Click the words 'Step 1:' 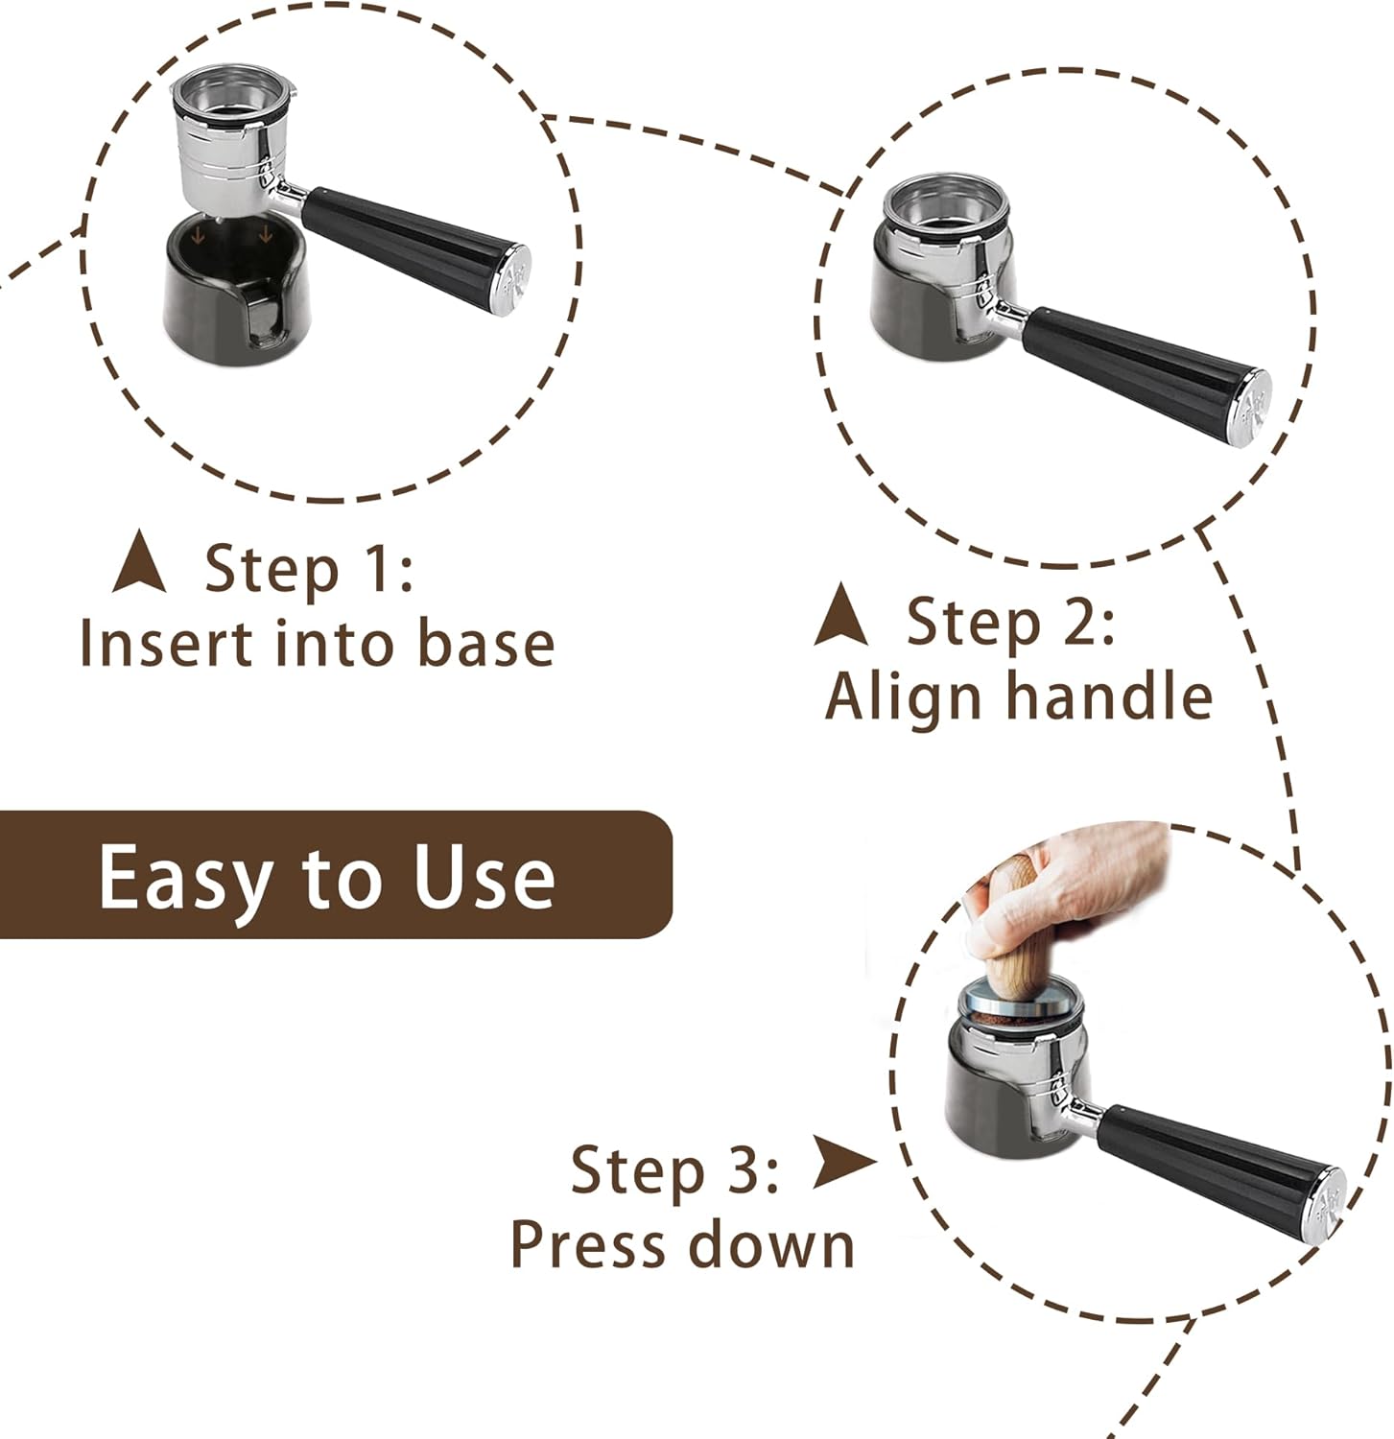[x=309, y=570]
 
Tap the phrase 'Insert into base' [x=317, y=644]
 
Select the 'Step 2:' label [x=1010, y=624]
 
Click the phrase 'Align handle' [x=1019, y=696]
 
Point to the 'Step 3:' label [x=674, y=1171]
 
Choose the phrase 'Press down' [x=681, y=1245]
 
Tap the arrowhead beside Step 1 [x=139, y=566]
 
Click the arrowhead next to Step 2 [x=841, y=617]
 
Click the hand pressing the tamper [x=1084, y=873]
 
